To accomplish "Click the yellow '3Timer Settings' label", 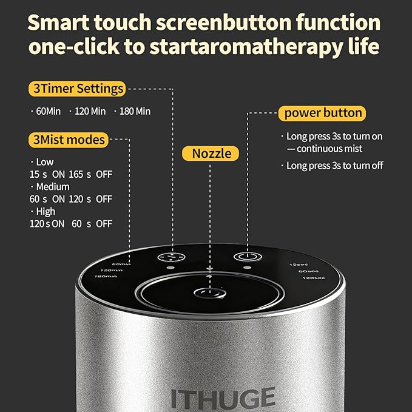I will tap(76, 89).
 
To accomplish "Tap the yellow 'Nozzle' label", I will tap(211, 153).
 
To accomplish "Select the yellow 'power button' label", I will tap(323, 113).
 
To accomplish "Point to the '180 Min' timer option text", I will tap(134, 111).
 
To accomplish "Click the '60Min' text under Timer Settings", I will tap(48, 111).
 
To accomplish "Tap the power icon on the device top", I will tap(246, 257).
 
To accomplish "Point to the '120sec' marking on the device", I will tap(313, 278).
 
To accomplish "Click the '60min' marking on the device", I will tap(122, 264).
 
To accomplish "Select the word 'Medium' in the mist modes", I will tap(52, 186).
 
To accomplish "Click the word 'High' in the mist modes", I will tap(46, 211).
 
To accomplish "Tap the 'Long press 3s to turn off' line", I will tap(334, 166).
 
